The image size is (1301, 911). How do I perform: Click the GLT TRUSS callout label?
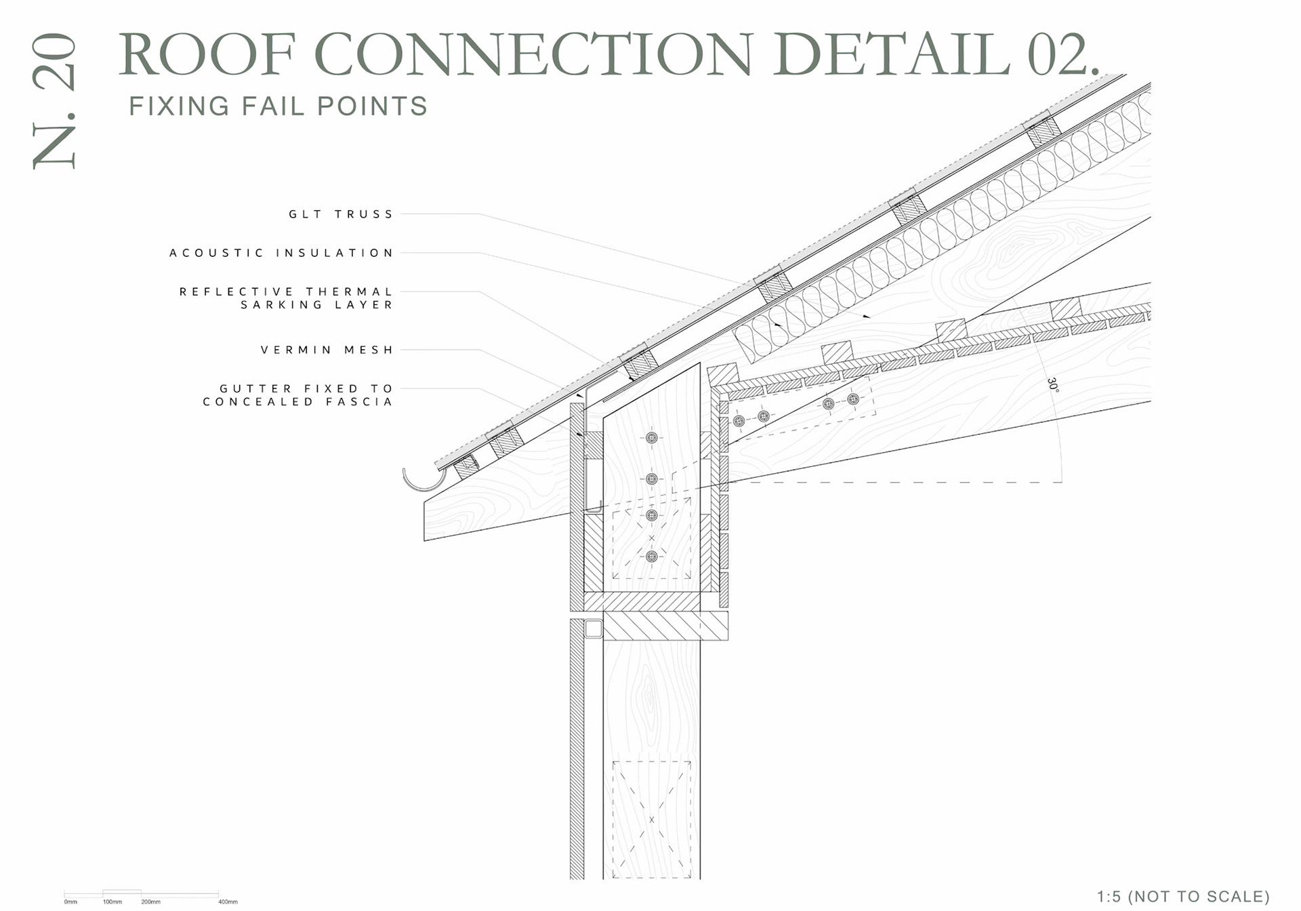coord(341,214)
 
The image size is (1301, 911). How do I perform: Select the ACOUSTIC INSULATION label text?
coord(281,253)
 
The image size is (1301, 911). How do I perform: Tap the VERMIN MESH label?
coord(327,350)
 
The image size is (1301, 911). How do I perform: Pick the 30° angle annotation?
coord(1052,385)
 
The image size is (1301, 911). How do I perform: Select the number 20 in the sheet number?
coord(54,62)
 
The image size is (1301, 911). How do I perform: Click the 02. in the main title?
coord(1062,54)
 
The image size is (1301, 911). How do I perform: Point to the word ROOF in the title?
coord(207,54)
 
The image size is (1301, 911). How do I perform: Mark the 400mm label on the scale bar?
coord(228,902)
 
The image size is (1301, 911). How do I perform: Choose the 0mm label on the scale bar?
coord(70,902)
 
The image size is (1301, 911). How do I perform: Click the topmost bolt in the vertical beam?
coord(651,438)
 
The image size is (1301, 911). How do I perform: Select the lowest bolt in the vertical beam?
coord(651,556)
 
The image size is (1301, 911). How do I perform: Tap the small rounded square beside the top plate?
coord(594,629)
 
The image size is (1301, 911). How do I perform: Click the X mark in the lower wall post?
coord(651,819)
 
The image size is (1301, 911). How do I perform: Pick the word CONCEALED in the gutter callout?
coord(258,402)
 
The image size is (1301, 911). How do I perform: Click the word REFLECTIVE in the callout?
coord(236,291)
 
